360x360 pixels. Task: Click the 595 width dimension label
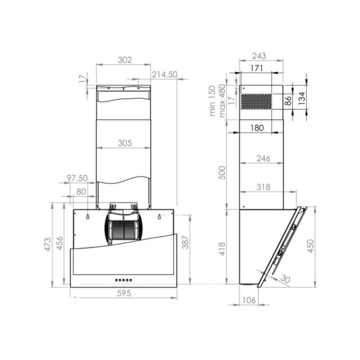coord(123,293)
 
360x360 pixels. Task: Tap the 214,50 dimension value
coord(165,75)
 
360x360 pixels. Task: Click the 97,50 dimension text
coord(77,178)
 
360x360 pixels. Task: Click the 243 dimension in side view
coord(259,56)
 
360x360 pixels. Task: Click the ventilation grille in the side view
coord(256,102)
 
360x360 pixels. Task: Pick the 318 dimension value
coord(263,187)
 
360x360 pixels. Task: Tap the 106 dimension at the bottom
coord(248,300)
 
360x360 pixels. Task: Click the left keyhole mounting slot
coord(87,217)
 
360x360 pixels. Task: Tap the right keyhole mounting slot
coord(159,217)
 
